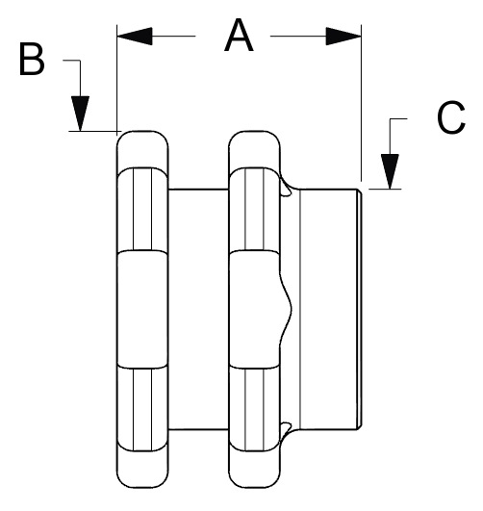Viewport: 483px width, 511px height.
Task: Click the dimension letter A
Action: point(239,36)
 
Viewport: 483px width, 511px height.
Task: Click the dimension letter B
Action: point(32,60)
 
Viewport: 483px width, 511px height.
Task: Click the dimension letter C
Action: point(450,117)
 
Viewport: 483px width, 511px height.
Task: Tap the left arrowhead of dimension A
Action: point(135,37)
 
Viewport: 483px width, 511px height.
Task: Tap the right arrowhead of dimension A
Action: point(343,37)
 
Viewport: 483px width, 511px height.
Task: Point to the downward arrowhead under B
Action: point(80,114)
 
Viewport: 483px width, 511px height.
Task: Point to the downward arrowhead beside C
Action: point(390,171)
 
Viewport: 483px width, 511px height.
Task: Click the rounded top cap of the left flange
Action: point(142,150)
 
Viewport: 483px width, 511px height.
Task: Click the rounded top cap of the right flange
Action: point(255,150)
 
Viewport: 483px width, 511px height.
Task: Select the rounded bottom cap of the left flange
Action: point(142,470)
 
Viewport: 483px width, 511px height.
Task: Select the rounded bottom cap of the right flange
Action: point(255,470)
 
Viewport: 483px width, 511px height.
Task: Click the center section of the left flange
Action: point(142,310)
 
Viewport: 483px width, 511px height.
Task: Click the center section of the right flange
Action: point(255,310)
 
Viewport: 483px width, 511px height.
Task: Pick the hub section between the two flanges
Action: point(198,309)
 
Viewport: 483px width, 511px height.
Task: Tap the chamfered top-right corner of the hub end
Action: point(359,192)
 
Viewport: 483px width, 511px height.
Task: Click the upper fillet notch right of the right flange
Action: point(286,189)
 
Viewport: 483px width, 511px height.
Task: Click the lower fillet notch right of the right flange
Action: point(286,430)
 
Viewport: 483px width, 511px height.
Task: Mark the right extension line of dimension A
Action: point(361,103)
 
